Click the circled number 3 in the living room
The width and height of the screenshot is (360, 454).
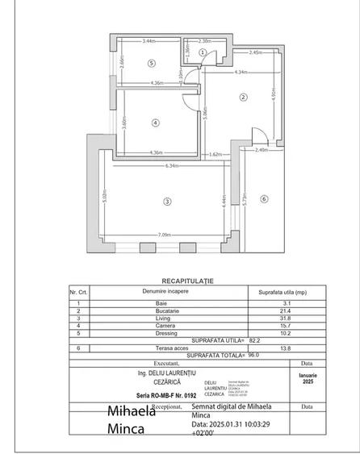167,201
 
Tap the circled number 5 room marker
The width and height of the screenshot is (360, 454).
151,63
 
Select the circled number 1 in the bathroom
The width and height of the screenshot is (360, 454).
203,52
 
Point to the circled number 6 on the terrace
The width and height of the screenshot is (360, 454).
263,198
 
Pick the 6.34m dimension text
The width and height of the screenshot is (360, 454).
172,167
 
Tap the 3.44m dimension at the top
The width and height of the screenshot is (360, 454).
149,41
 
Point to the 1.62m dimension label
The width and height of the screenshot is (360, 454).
216,154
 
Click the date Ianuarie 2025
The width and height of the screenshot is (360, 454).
307,378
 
